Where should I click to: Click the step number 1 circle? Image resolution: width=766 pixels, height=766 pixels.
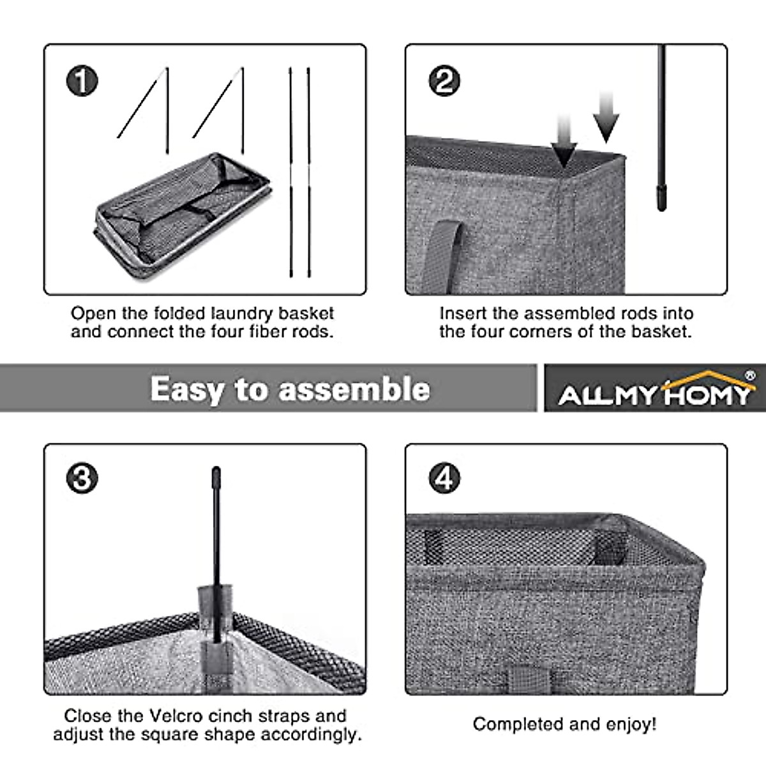[x=82, y=81]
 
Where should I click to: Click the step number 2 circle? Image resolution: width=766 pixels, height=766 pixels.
[x=444, y=81]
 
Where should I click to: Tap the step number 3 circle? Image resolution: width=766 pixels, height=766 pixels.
[x=82, y=478]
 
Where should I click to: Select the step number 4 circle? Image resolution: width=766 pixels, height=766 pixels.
[x=444, y=478]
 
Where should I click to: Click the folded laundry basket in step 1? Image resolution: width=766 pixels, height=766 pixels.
[x=183, y=216]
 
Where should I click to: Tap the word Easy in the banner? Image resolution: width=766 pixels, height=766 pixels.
[x=186, y=389]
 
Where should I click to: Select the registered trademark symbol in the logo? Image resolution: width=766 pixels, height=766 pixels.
[x=749, y=375]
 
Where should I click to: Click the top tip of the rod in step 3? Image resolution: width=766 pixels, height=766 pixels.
[x=216, y=469]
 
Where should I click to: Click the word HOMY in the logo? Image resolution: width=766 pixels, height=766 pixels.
[x=709, y=396]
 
